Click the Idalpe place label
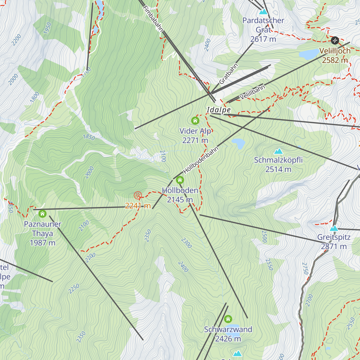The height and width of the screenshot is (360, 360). coord(219,110)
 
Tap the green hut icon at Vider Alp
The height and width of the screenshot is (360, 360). coord(195,121)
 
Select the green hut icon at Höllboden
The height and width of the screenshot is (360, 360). coord(180,180)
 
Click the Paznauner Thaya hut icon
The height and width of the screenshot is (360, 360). coord(43,214)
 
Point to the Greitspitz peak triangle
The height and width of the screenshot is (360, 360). coord(334,229)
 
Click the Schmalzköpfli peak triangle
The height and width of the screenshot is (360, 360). coord(278,151)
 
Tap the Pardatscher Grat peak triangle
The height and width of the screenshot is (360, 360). coord(263,12)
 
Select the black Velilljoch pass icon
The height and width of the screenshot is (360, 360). coord(335,40)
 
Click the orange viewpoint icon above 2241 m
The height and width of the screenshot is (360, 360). coord(138,196)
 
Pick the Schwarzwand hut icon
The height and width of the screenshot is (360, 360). coord(228,319)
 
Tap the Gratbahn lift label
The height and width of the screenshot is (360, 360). coord(229,74)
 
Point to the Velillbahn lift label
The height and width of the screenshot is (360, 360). coord(252,92)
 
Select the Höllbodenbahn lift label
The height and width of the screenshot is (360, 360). coord(201,160)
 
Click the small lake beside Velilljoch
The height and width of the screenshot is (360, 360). coord(309,54)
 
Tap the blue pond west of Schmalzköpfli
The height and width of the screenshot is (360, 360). coord(239,143)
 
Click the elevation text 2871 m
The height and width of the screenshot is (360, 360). coord(334,247)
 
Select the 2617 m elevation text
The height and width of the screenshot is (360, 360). coord(263,39)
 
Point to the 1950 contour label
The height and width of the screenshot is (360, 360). coord(47,28)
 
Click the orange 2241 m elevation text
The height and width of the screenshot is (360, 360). coord(138,206)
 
